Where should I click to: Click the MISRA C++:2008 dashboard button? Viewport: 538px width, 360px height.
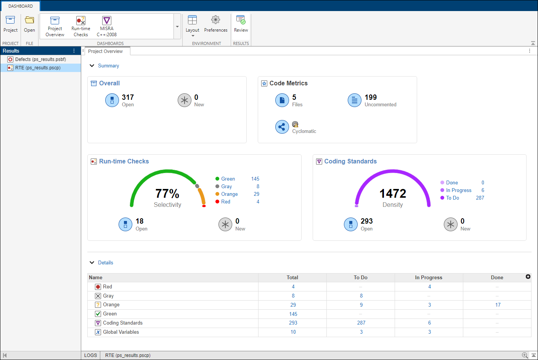[107, 26]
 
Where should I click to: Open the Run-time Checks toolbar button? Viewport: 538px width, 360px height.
[81, 26]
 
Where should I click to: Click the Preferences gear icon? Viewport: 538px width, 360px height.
[215, 20]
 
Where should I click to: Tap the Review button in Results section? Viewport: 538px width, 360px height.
[241, 24]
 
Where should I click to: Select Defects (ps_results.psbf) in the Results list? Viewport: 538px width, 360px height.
[40, 59]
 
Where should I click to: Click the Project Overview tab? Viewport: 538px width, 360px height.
[106, 51]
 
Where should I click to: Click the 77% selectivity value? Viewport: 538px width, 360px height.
[167, 194]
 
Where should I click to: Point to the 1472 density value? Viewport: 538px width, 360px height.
[393, 194]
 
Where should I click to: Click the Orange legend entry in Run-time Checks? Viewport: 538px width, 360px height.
[229, 194]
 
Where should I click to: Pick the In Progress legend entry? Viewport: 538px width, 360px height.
[459, 190]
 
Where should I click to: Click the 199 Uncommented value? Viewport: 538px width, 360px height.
[371, 98]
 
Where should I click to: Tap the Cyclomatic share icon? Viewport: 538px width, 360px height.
[282, 127]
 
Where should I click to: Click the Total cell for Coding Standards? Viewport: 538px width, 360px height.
[293, 323]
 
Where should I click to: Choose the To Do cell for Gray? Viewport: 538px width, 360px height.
[361, 296]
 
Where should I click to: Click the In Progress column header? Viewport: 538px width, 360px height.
[429, 278]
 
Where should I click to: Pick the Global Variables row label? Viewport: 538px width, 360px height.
[121, 332]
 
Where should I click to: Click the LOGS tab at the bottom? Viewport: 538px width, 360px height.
[90, 355]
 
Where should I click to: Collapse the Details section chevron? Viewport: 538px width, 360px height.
[92, 262]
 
